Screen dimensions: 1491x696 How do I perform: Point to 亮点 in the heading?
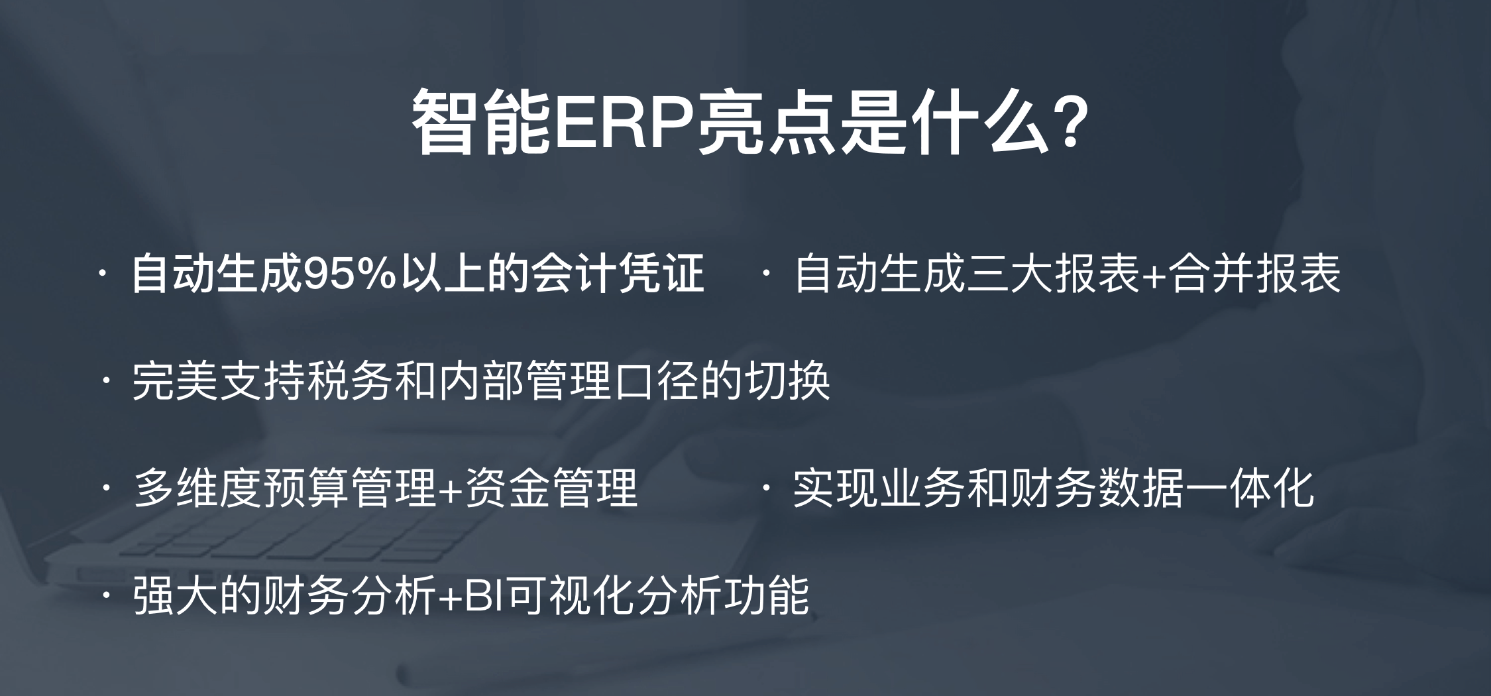click(763, 123)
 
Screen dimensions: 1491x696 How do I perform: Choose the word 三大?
click(1010, 273)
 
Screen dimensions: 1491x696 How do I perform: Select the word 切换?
click(788, 380)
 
